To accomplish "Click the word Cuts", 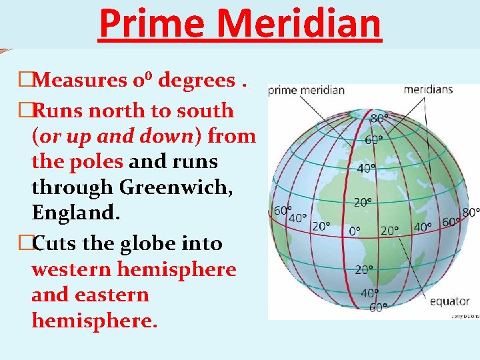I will [60, 243].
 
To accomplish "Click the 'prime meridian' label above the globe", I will [306, 90].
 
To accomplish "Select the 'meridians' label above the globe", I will [428, 89].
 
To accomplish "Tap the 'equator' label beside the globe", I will [449, 301].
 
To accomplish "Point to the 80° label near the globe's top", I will [379, 119].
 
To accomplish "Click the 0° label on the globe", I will [355, 231].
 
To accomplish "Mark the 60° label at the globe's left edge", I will [282, 211].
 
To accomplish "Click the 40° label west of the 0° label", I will [297, 218].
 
